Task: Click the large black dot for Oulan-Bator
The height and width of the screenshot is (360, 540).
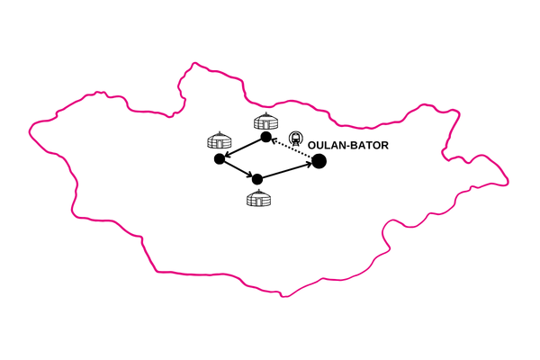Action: pyautogui.click(x=319, y=161)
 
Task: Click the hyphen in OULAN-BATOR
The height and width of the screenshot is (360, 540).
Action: pyautogui.click(x=347, y=146)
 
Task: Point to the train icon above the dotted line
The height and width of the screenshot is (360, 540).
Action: pyautogui.click(x=295, y=138)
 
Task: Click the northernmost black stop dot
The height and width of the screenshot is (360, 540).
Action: pyautogui.click(x=265, y=137)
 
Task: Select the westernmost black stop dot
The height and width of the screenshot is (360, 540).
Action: pyautogui.click(x=220, y=158)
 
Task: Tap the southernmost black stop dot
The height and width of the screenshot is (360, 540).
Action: pyautogui.click(x=257, y=179)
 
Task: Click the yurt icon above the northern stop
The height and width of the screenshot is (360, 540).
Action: pyautogui.click(x=265, y=121)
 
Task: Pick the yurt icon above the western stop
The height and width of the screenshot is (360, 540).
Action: pyautogui.click(x=220, y=139)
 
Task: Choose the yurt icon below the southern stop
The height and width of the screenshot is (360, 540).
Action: pyautogui.click(x=258, y=198)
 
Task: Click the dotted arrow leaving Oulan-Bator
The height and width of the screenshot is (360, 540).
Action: pyautogui.click(x=292, y=148)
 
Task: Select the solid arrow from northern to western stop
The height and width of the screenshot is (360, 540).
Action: pyautogui.click(x=243, y=148)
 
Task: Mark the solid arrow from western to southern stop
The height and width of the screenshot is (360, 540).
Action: pyautogui.click(x=238, y=169)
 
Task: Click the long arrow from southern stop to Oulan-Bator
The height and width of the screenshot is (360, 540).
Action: pyautogui.click(x=287, y=170)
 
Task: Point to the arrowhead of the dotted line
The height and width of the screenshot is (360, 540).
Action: pyautogui.click(x=274, y=139)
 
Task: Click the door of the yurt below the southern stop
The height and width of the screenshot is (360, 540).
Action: pyautogui.click(x=259, y=202)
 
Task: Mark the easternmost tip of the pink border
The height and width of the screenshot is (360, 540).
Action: pyautogui.click(x=508, y=182)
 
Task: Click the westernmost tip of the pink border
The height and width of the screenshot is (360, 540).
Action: pyautogui.click(x=30, y=130)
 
